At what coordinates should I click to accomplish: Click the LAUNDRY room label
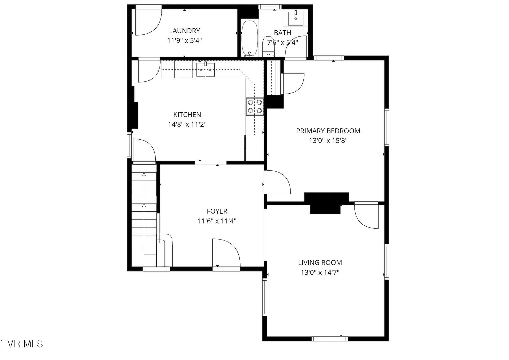[x=184, y=31]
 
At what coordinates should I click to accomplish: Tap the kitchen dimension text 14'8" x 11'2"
[x=187, y=124]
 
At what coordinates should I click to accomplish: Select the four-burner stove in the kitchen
[x=255, y=107]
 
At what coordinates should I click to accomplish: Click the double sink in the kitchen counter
[x=206, y=70]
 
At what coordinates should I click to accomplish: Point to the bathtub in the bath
[x=250, y=39]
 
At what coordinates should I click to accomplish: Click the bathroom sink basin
[x=296, y=19]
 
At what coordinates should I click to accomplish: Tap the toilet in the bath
[x=268, y=47]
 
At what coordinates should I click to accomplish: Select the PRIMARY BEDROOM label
[x=328, y=131]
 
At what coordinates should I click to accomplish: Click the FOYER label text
[x=217, y=211]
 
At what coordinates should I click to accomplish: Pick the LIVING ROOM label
[x=320, y=263]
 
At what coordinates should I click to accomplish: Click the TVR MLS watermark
[x=22, y=344]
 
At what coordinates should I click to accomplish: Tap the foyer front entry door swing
[x=226, y=253]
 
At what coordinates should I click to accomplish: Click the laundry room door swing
[x=149, y=22]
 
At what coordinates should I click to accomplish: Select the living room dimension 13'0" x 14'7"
[x=320, y=272]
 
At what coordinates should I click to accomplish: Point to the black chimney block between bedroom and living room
[x=326, y=203]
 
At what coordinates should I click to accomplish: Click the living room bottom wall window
[x=330, y=339]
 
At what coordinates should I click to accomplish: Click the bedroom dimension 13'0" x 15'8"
[x=328, y=141]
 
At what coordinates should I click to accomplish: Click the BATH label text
[x=282, y=33]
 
